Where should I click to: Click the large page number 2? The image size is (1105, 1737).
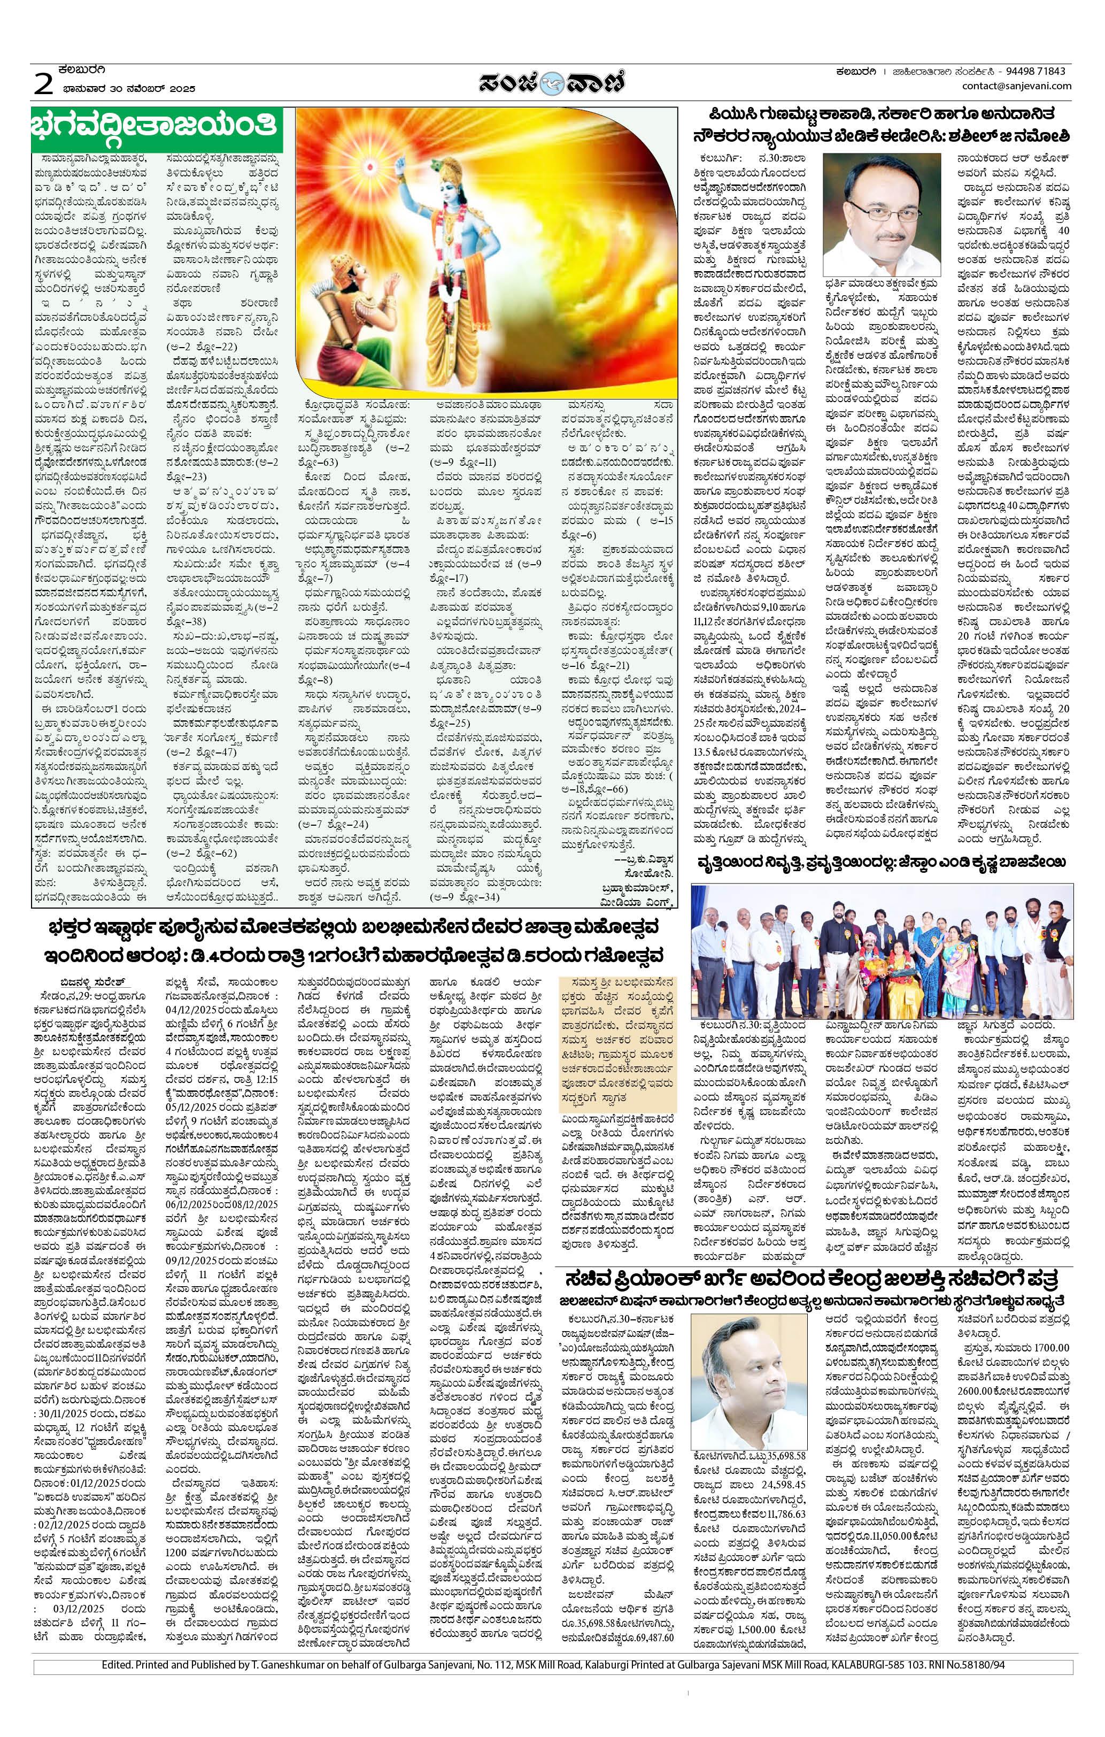43,84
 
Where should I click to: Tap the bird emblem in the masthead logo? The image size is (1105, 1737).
553,82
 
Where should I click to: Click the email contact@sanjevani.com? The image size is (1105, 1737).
1016,86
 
